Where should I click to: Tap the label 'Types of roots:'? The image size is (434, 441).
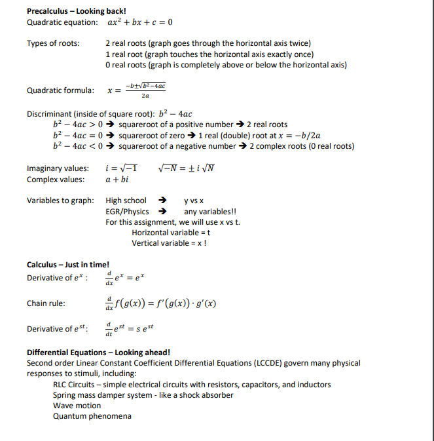53,44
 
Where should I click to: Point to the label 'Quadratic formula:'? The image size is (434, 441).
60,90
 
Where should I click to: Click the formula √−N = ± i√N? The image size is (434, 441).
187,168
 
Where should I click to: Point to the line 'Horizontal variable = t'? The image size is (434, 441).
171,233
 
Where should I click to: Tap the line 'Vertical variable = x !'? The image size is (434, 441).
170,243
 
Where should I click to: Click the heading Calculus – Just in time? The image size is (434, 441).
67,264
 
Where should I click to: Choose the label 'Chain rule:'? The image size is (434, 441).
46,303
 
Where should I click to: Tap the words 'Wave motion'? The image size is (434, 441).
77,406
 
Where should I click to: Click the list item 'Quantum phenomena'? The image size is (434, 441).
92,416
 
